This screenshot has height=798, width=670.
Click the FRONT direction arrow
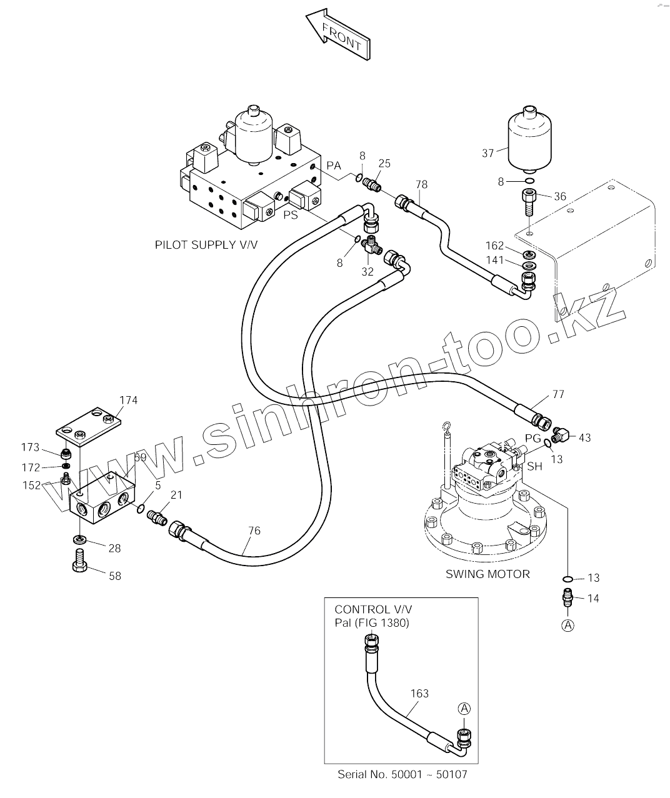coord(338,34)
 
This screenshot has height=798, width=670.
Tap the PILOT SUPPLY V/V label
coord(206,245)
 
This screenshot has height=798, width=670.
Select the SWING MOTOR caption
coord(487,574)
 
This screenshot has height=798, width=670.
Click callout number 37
coord(488,153)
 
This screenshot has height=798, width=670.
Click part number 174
coord(128,400)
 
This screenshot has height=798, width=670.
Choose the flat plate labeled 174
coord(89,426)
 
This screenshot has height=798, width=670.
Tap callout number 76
coord(254,531)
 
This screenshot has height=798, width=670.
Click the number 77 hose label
coord(558,394)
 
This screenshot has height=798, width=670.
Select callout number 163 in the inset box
coord(419,693)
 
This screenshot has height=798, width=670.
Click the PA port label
coord(334,166)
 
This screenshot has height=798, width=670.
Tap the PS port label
coord(291,215)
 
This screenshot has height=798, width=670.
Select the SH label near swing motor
coord(535,466)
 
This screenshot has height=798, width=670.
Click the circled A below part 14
coord(568,626)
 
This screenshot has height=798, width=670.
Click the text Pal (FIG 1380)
coord(372,623)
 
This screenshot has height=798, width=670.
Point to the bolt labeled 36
coord(529,202)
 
